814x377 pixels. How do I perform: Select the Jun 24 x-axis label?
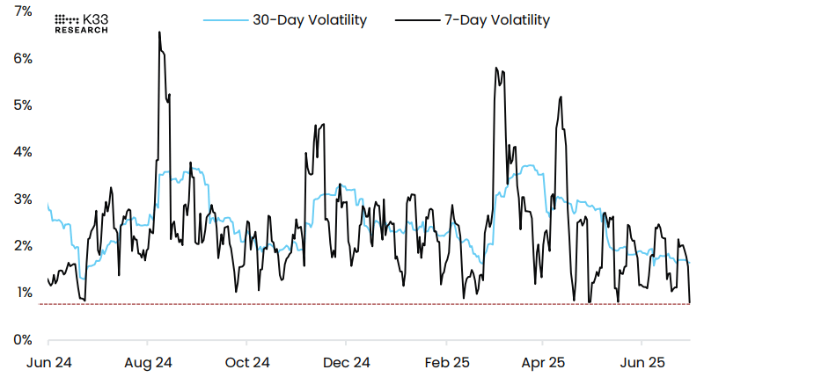point(48,362)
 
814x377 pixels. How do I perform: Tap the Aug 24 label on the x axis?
point(148,362)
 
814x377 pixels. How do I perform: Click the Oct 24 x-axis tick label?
point(247,362)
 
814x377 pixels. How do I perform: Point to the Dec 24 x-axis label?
point(347,362)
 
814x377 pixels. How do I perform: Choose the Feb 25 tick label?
point(445,362)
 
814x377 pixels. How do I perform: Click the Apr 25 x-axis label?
point(543,362)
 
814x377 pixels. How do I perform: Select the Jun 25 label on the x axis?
point(642,362)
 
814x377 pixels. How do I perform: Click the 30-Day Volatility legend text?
point(310,20)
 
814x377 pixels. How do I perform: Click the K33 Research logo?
point(82,23)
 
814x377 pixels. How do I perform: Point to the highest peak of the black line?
point(159,33)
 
